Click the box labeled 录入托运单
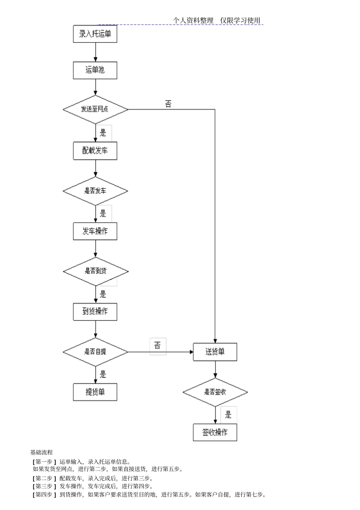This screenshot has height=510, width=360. pyautogui.click(x=95, y=34)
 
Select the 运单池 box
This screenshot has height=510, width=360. pyautogui.click(x=95, y=70)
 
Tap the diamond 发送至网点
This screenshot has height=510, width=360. pyautogui.click(x=95, y=110)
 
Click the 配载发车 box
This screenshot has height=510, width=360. pyautogui.click(x=95, y=151)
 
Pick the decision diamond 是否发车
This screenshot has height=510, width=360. pyautogui.click(x=95, y=191)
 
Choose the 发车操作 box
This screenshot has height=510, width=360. pyautogui.click(x=95, y=231)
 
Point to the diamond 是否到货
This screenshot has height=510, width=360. pyautogui.click(x=95, y=271)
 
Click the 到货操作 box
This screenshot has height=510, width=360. pyautogui.click(x=95, y=312)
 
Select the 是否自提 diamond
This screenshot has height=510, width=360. pyautogui.click(x=95, y=352)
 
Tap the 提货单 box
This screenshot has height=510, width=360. pyautogui.click(x=95, y=392)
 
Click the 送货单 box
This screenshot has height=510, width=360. pyautogui.click(x=215, y=352)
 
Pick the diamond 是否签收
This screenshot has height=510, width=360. pyautogui.click(x=215, y=392)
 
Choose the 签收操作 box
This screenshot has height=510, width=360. pyautogui.click(x=215, y=432)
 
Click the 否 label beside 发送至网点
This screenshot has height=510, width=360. pyautogui.click(x=168, y=104)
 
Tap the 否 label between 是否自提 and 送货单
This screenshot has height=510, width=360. pyautogui.click(x=158, y=345)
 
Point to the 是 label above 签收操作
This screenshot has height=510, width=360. pyautogui.click(x=228, y=415)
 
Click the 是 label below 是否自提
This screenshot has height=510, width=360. pyautogui.click(x=103, y=375)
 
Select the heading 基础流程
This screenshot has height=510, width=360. pyautogui.click(x=42, y=452)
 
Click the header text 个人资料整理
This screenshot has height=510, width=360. pyautogui.click(x=194, y=20)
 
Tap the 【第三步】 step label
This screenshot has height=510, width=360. pyautogui.click(x=44, y=486)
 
